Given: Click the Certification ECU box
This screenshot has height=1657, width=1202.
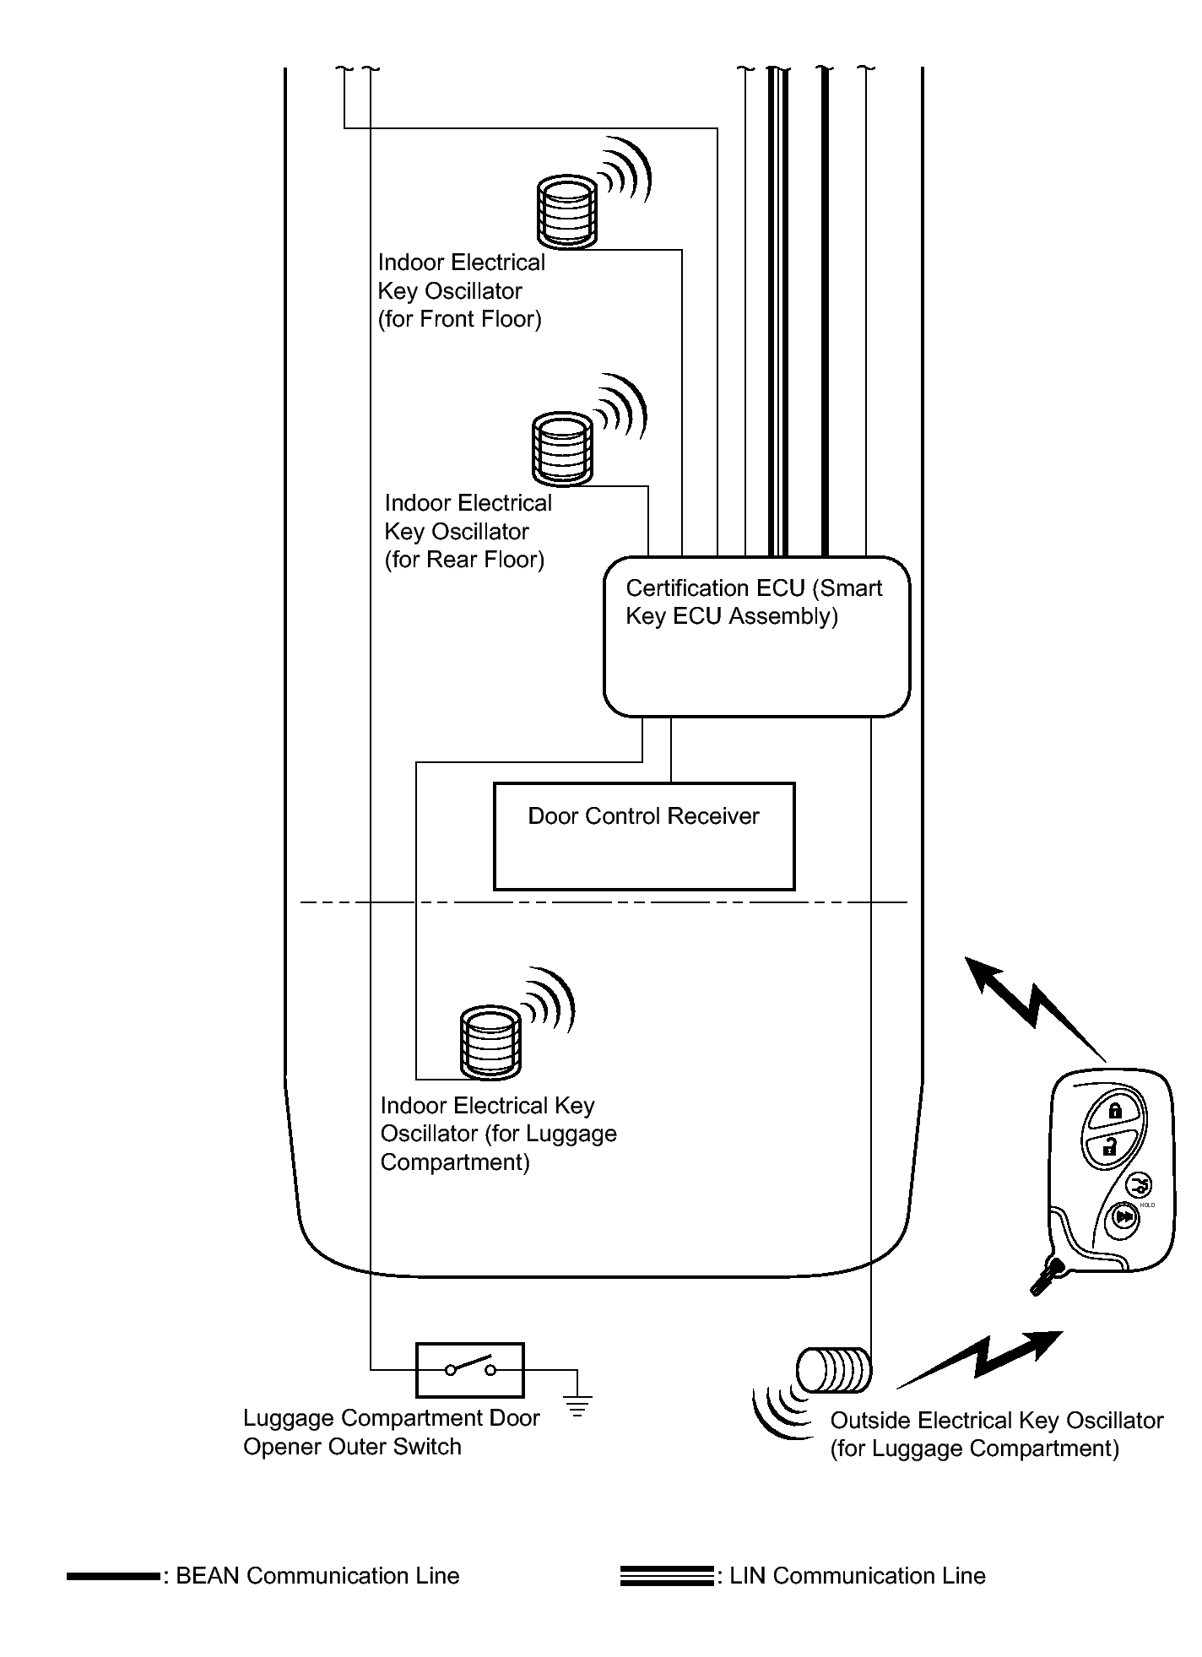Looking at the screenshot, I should tap(756, 637).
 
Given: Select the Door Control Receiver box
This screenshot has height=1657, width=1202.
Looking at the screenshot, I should tap(643, 837).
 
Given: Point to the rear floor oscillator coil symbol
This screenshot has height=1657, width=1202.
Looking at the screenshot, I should tap(561, 448).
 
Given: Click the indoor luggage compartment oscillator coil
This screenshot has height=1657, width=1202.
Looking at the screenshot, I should tap(490, 1042).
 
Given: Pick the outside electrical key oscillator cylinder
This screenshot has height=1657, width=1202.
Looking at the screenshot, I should tap(834, 1370).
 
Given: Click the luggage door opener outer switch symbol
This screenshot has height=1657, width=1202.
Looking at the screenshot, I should tap(469, 1369).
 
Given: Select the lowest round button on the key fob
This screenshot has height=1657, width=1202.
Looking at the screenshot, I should tap(1123, 1218).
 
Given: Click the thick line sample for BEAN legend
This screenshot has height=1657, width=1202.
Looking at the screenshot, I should tap(113, 1576).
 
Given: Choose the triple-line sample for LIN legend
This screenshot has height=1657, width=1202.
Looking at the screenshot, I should tap(666, 1576).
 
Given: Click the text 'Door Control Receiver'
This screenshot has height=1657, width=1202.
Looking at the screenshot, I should tap(643, 816).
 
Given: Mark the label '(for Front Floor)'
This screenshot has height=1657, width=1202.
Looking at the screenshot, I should tap(460, 319).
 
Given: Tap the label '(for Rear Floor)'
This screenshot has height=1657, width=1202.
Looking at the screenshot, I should tap(464, 560).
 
